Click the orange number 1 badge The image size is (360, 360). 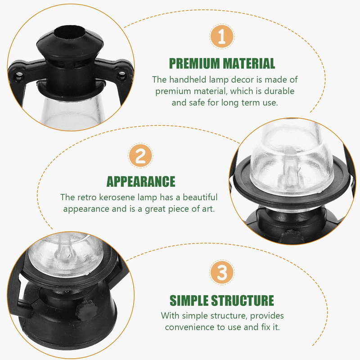[x=222, y=36]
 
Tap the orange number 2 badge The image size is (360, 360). [x=140, y=156]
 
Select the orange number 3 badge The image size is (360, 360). [x=222, y=273]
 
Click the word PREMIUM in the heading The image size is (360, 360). [x=194, y=63]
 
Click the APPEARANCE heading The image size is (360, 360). [x=141, y=182]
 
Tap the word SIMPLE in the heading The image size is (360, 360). [x=189, y=300]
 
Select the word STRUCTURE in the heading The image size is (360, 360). [x=243, y=300]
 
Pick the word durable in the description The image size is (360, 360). [x=279, y=91]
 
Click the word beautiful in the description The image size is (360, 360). [x=200, y=197]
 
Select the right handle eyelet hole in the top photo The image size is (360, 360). [x=121, y=75]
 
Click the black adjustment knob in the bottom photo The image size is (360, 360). [x=86, y=310]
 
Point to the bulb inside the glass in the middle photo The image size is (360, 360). [x=291, y=165]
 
